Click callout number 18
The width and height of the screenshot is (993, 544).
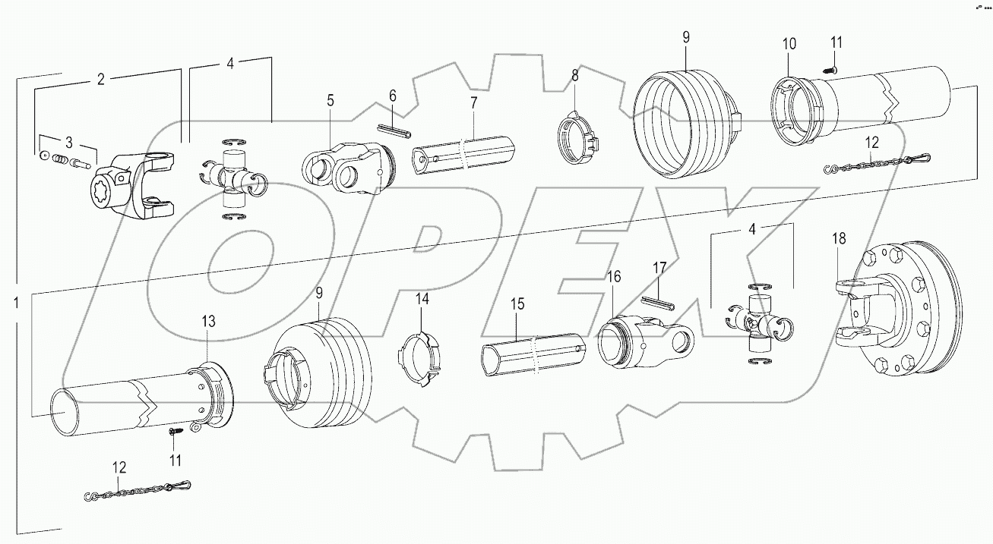pyautogui.click(x=838, y=239)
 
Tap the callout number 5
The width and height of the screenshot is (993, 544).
pyautogui.click(x=330, y=99)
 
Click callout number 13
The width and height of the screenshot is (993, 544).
pyautogui.click(x=208, y=321)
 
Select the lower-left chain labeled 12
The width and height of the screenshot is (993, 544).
pyautogui.click(x=137, y=490)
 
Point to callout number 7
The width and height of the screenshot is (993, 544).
pyautogui.click(x=473, y=102)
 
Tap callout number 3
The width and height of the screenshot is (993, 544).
pyautogui.click(x=68, y=142)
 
